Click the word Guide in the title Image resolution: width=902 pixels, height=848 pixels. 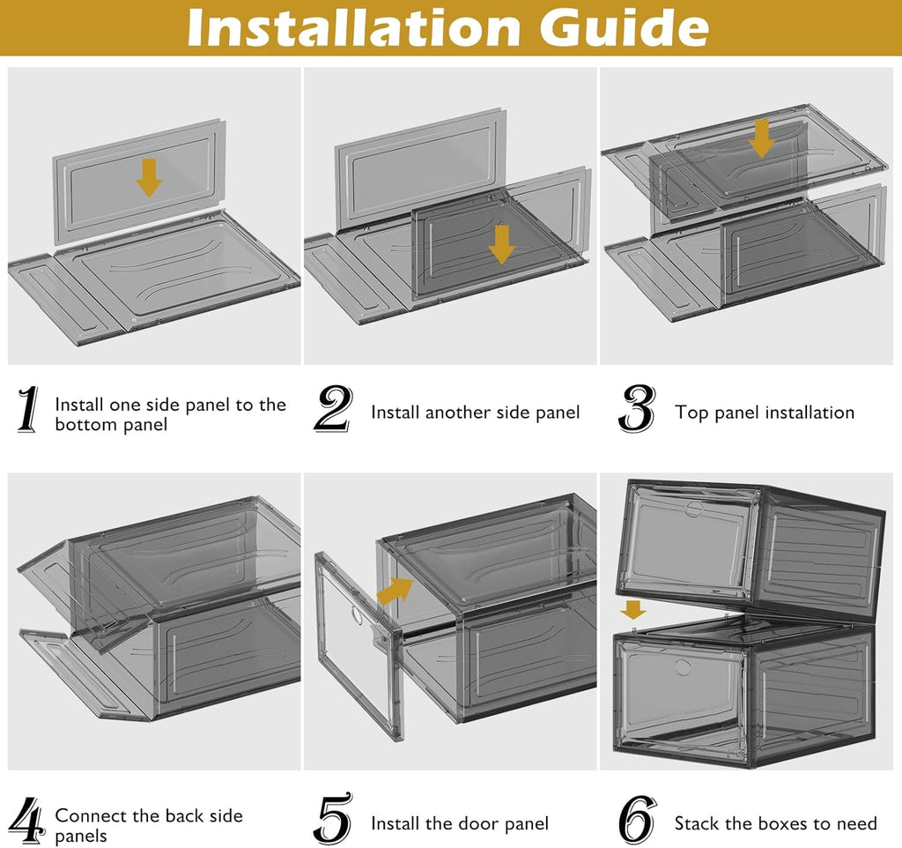coord(624,28)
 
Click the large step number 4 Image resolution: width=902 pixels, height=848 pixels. coord(28,821)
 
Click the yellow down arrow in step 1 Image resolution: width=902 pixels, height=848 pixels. coord(149,178)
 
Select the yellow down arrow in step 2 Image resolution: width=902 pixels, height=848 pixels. coord(501,244)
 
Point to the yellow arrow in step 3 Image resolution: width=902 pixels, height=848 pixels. coord(762,139)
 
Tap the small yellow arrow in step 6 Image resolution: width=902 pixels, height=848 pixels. coord(632,610)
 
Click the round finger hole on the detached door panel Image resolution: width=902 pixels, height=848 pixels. coord(356,614)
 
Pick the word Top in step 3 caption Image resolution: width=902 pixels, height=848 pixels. coord(691,413)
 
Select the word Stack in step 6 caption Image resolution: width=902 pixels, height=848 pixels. coord(697,823)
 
